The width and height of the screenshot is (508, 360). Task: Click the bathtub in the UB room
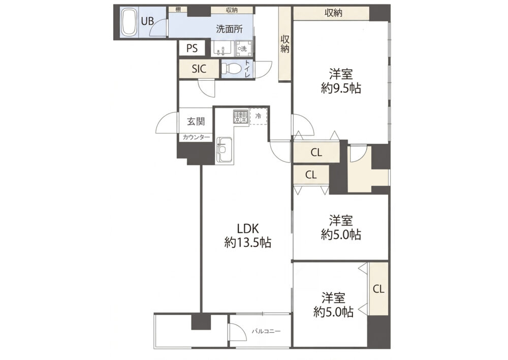tap(129, 22)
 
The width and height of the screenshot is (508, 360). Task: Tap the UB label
tap(147, 21)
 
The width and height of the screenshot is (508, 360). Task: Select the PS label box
tap(192, 48)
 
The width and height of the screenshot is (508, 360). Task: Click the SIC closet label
tap(199, 69)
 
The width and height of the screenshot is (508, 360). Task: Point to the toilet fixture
tap(231, 69)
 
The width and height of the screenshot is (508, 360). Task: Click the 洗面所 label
tap(230, 29)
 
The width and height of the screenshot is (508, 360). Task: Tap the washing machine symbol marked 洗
tap(242, 49)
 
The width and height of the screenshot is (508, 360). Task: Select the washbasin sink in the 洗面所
tap(223, 49)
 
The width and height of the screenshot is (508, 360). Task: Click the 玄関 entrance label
tap(196, 122)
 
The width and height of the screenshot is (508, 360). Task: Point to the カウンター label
tap(196, 137)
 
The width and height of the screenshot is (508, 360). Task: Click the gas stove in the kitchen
tap(241, 117)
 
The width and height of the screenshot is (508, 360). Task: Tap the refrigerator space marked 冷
tap(258, 116)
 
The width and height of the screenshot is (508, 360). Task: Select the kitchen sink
tap(224, 150)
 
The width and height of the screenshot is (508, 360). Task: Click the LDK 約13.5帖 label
tap(248, 236)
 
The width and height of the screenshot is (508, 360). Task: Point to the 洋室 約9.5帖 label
tap(341, 81)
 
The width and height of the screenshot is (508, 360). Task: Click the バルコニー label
tap(266, 332)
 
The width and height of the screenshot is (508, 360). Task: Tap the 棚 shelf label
tap(178, 9)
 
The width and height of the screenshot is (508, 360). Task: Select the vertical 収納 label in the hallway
tap(285, 44)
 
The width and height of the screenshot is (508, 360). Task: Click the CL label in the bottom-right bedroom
tap(378, 289)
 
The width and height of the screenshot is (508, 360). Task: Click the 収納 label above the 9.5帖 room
tap(333, 13)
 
